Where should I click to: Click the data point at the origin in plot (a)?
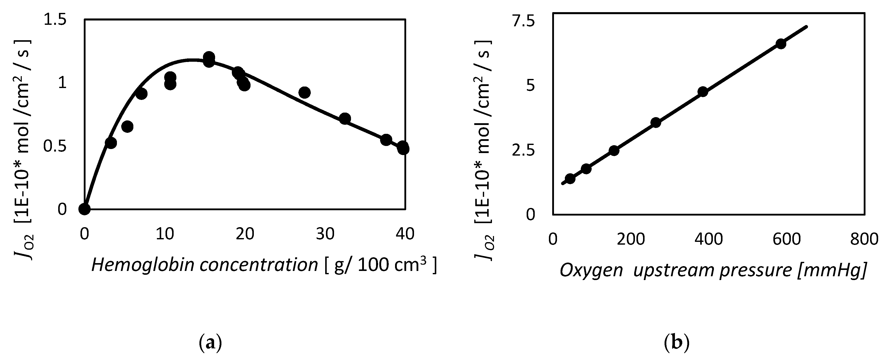coord(84,208)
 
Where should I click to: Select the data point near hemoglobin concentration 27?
coord(304,92)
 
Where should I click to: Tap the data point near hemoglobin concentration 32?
coord(345,119)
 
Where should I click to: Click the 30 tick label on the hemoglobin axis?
coord(325,234)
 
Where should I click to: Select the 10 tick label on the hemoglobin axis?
coord(164,234)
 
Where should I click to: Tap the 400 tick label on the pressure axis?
coord(708,239)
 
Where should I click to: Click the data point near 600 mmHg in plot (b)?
coord(781,44)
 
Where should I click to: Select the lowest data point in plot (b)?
coord(570,179)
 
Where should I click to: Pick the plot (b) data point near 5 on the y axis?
coord(703,92)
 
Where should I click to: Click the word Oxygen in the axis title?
coord(591,270)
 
